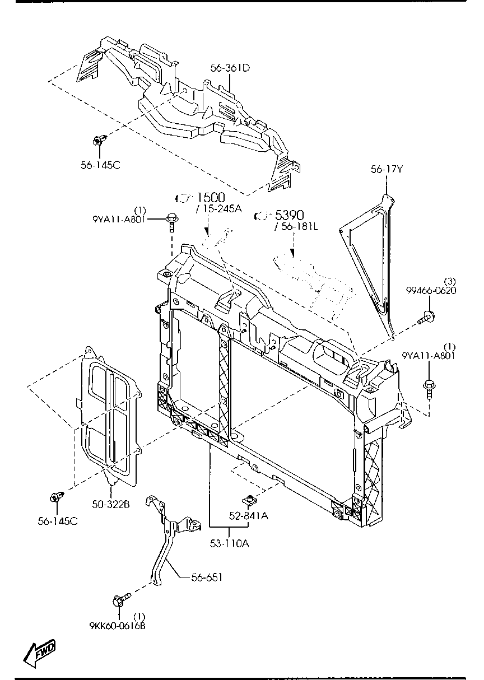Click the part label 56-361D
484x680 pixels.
click(230, 68)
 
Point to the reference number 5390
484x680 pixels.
click(288, 215)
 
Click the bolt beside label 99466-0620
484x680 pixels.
click(427, 318)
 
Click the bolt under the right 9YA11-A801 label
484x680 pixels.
click(429, 386)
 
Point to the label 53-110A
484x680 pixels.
click(230, 542)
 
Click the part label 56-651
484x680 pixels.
click(207, 577)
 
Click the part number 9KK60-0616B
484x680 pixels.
click(118, 626)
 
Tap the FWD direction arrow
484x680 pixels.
click(39, 653)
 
